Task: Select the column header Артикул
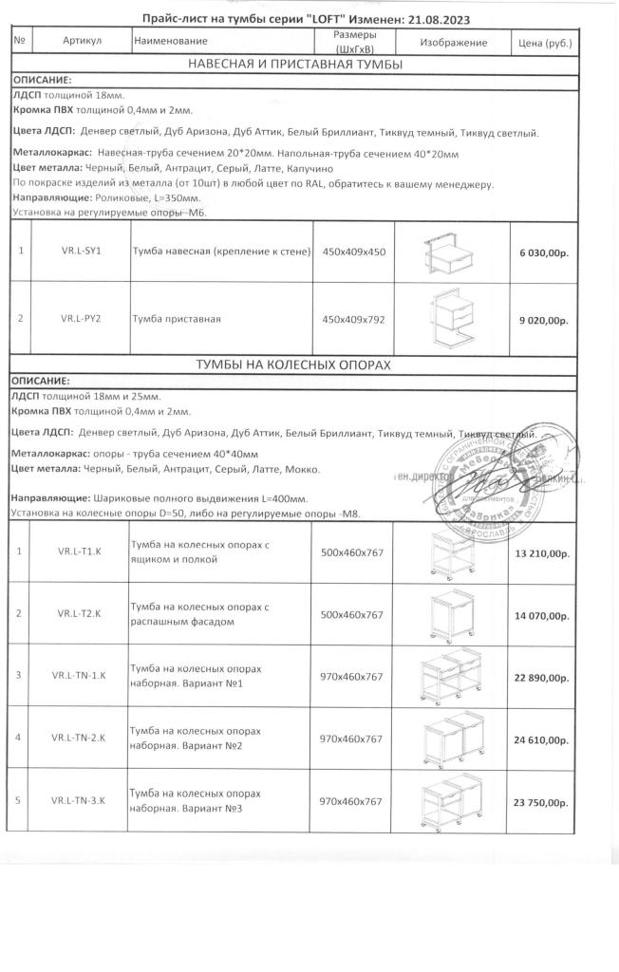(x=82, y=42)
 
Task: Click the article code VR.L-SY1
(x=81, y=252)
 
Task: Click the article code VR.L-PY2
(x=81, y=319)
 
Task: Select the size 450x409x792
(x=353, y=320)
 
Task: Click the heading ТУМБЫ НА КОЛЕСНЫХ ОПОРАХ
(x=294, y=365)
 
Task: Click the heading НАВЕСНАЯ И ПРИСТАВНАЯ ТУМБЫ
(x=294, y=65)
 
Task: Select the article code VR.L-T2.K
(x=81, y=614)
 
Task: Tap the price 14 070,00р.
(x=541, y=616)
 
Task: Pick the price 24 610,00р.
(x=541, y=739)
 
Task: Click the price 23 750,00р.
(x=541, y=803)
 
